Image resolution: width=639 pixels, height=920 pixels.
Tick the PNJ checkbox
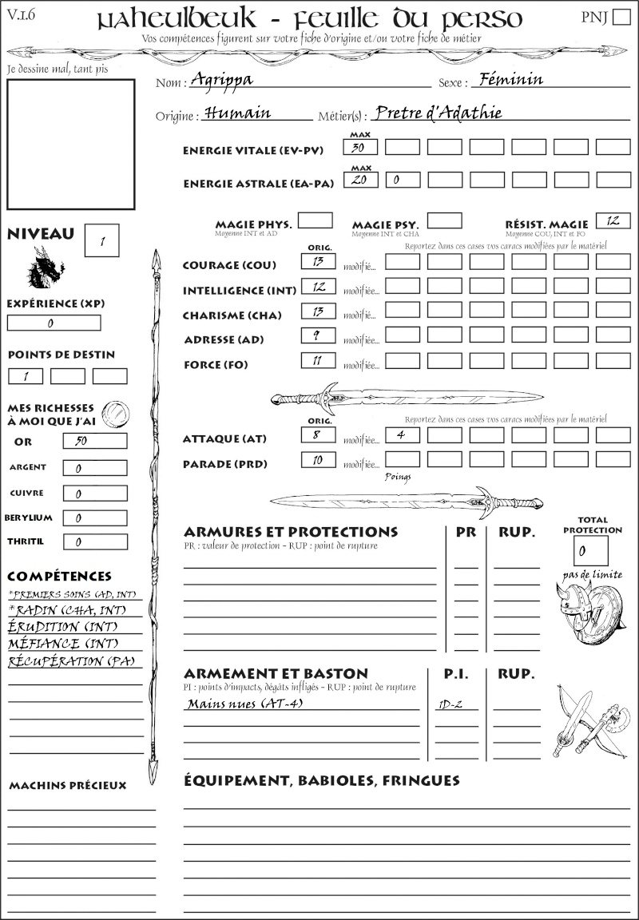(620, 18)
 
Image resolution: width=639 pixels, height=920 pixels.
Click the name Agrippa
(226, 81)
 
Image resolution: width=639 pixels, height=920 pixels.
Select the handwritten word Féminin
(508, 79)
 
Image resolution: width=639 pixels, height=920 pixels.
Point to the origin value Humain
(237, 113)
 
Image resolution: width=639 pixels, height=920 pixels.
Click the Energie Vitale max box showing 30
(360, 147)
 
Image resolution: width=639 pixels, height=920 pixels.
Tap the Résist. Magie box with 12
(613, 220)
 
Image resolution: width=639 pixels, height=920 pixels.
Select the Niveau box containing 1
(101, 240)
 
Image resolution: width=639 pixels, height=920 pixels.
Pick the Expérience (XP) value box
(54, 323)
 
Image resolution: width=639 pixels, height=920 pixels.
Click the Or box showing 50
(94, 441)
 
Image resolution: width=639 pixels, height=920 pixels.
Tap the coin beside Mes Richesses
(115, 413)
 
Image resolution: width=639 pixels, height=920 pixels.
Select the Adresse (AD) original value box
(318, 336)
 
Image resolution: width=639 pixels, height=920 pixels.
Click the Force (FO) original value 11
(318, 361)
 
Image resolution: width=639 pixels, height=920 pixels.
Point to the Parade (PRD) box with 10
(318, 460)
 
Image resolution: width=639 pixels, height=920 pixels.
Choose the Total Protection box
(590, 550)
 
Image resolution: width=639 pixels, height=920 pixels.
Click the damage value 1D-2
(452, 704)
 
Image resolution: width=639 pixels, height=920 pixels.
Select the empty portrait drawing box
(70, 143)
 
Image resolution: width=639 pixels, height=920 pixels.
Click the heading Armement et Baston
(276, 673)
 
